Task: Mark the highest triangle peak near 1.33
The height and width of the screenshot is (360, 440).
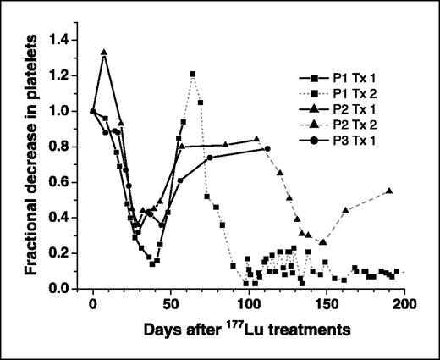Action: (x=104, y=52)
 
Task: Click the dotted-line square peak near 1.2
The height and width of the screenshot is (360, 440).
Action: (x=193, y=75)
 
